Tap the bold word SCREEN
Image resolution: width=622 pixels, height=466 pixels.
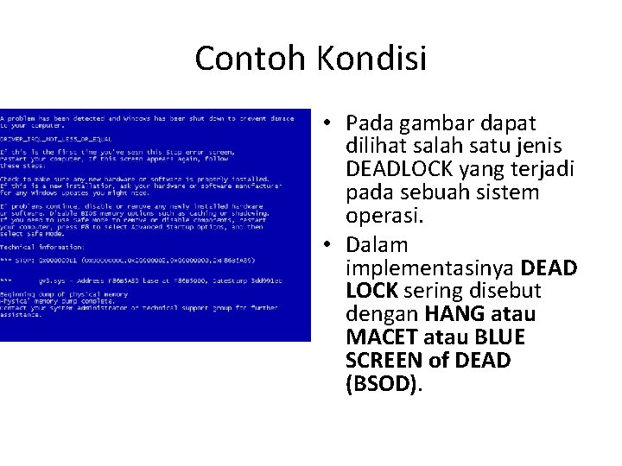(382, 359)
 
